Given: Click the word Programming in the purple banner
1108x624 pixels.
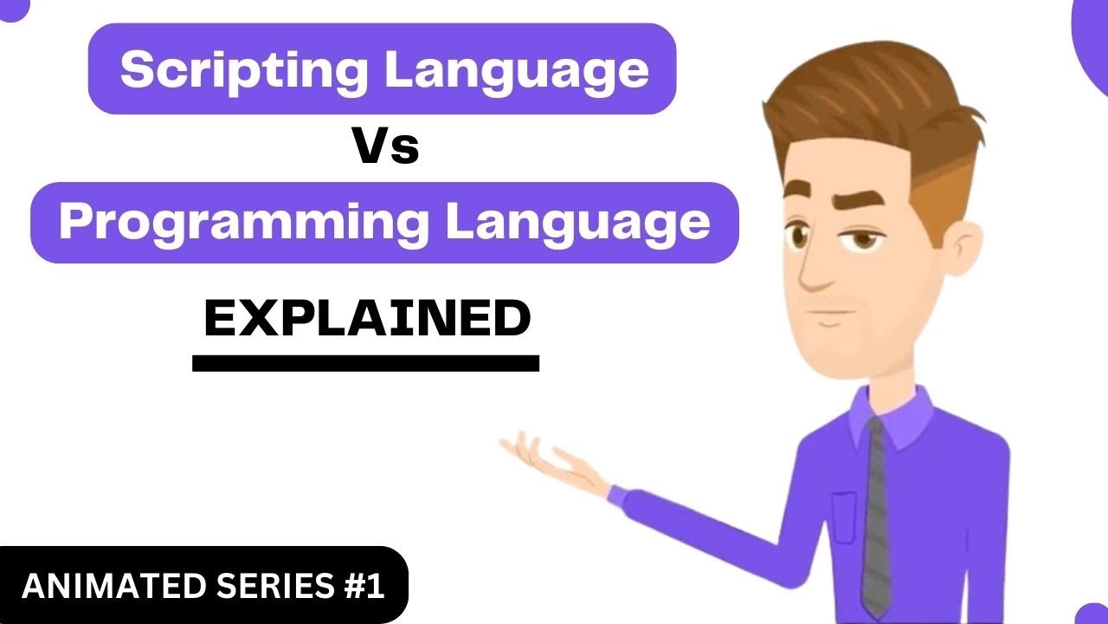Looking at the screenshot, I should click(243, 224).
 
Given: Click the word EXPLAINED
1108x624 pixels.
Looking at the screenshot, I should click(367, 319).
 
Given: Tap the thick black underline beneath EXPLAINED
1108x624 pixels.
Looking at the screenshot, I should click(365, 363).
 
